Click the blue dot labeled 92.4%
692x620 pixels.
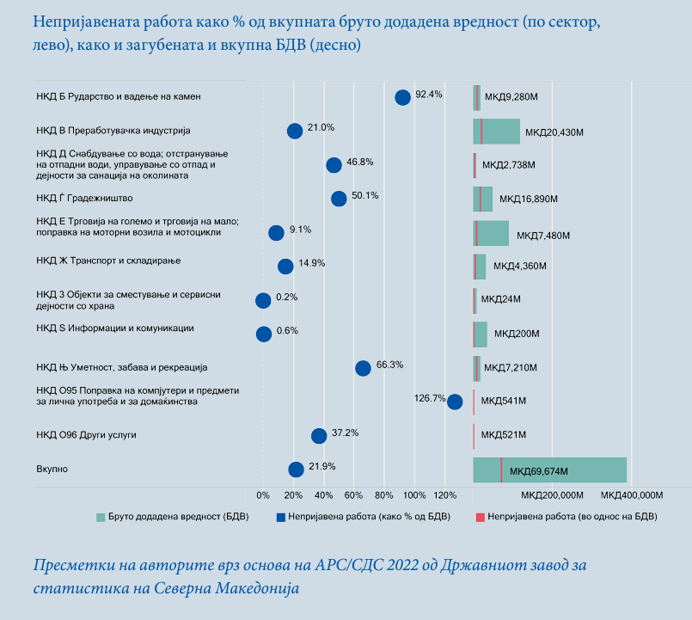pos(402,97)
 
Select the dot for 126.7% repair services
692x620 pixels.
pos(455,402)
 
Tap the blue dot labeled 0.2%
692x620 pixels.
pos(263,300)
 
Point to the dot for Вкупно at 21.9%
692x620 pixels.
pos(296,470)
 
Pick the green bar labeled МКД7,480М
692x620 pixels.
pos(494,233)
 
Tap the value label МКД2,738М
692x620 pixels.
pos(509,165)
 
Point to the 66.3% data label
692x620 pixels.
pos(390,365)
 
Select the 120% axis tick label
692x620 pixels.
pos(444,496)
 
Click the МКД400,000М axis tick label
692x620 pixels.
pos(632,496)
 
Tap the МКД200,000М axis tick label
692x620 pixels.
pos(551,496)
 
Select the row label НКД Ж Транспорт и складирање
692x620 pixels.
pos(108,260)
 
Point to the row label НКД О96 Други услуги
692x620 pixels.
pos(86,435)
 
